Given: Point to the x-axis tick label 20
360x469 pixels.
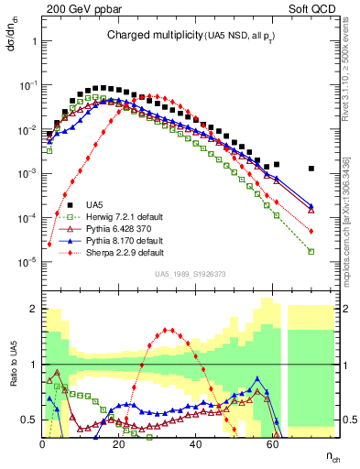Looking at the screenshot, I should coord(119,442).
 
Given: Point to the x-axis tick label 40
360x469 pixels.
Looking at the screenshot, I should coord(195,442).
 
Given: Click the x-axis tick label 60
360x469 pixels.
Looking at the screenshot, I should coord(272,442).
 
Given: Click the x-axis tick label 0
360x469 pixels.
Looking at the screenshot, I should coord(43,442).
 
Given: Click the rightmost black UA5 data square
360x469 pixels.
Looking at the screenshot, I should coord(311,169).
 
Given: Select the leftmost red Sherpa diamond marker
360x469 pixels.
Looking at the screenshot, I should coord(49,245).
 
